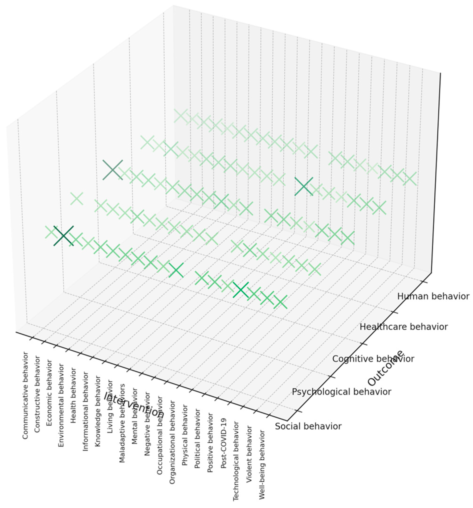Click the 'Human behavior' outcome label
(x=433, y=297)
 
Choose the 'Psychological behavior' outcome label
(x=341, y=392)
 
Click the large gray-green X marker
(x=113, y=170)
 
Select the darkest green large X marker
(x=64, y=236)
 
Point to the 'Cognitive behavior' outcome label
(x=373, y=359)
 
